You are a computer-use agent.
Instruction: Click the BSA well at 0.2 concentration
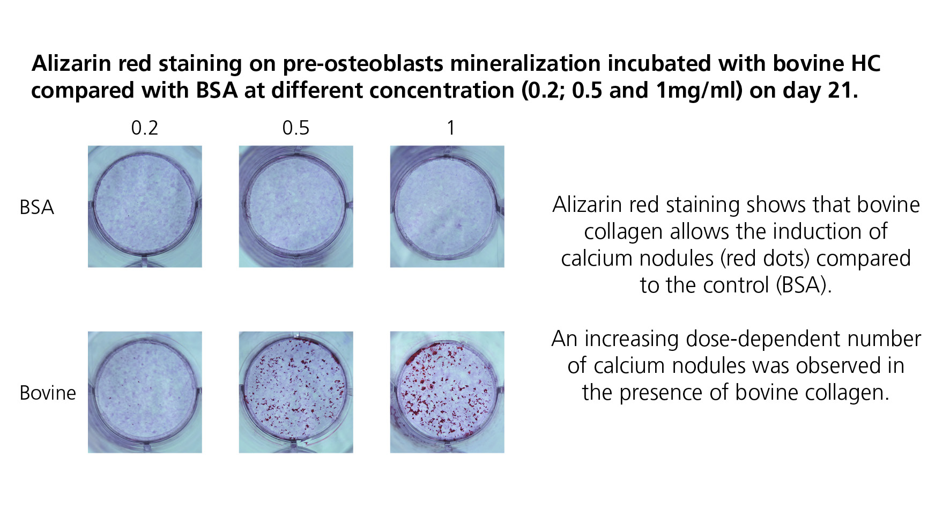pyautogui.click(x=145, y=207)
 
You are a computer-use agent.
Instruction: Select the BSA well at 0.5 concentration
pyautogui.click(x=296, y=207)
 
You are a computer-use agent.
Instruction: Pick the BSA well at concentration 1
pyautogui.click(x=447, y=207)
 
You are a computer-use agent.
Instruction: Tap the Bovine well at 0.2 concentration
pyautogui.click(x=145, y=392)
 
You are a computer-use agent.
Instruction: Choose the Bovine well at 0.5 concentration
pyautogui.click(x=296, y=392)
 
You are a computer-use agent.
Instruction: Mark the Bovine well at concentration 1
pyautogui.click(x=447, y=392)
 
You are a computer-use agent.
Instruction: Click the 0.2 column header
pyautogui.click(x=145, y=128)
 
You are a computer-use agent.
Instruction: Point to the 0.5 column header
pyautogui.click(x=296, y=128)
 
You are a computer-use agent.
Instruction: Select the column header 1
pyautogui.click(x=451, y=128)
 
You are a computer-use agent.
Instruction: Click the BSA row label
pyautogui.click(x=36, y=208)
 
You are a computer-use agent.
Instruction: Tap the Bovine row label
pyautogui.click(x=48, y=393)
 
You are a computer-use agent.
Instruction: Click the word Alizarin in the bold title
pyautogui.click(x=72, y=64)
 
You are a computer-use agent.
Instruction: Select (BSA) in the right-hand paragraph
pyautogui.click(x=804, y=285)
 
